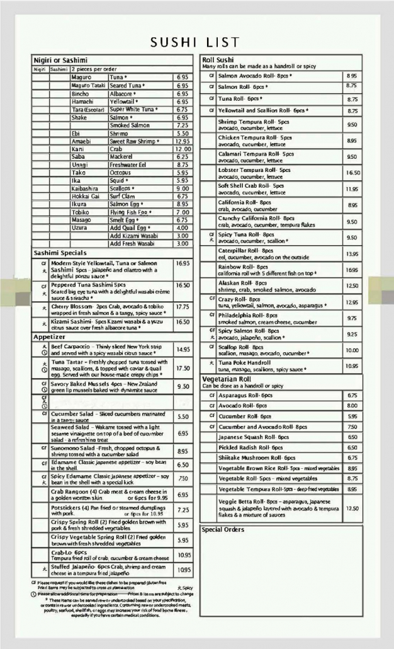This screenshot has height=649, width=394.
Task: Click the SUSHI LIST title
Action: (x=195, y=42)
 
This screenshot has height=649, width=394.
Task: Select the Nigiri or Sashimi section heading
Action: (x=60, y=60)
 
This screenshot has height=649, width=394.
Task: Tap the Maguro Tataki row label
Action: (x=88, y=85)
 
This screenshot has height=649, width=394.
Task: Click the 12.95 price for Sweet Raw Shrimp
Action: (x=183, y=141)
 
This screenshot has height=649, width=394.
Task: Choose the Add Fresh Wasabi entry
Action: (x=132, y=243)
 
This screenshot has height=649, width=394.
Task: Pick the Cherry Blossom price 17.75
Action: (x=183, y=307)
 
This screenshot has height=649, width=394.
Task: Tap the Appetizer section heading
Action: (x=49, y=337)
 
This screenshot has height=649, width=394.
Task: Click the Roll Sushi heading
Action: (x=218, y=59)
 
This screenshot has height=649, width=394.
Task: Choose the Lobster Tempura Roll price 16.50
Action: (x=352, y=173)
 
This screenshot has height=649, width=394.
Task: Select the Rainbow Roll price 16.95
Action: (x=352, y=270)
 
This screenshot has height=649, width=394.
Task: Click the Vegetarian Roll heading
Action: (x=226, y=379)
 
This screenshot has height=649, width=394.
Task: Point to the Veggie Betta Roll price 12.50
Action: (x=352, y=508)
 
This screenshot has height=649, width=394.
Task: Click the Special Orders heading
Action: (x=223, y=529)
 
